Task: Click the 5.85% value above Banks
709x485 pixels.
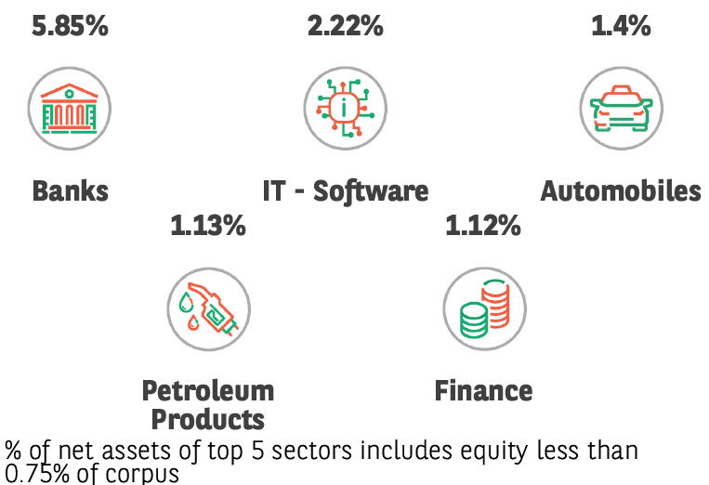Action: coord(70,25)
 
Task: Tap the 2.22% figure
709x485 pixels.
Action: coord(345,25)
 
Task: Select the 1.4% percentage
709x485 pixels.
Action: coord(621,25)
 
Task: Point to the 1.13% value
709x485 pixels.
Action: coord(207,224)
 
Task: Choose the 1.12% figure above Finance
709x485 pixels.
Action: coord(483,224)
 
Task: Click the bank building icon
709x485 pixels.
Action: coord(70,108)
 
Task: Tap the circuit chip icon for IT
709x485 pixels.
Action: coord(345,108)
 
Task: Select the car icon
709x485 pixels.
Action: coord(621,108)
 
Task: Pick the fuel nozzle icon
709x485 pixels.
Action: coord(207,308)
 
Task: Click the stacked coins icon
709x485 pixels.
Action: coord(483,308)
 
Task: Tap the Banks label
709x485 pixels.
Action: coord(70,191)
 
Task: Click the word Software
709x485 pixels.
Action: coord(371,191)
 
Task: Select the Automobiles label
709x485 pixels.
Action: coord(621,191)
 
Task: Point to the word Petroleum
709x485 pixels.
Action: coord(207,390)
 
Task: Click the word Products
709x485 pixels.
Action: coord(207,418)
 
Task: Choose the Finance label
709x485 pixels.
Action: coord(483,390)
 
